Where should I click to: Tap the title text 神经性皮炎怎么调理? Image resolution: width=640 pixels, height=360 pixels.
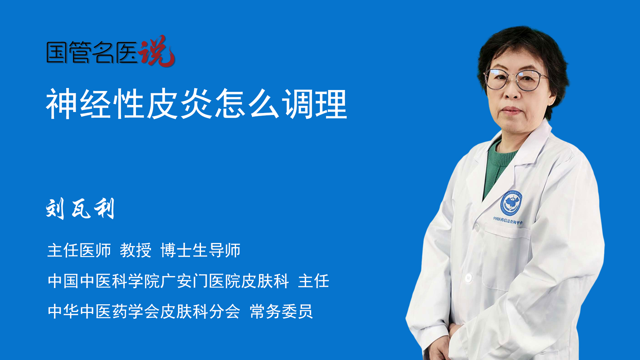tap(197, 104)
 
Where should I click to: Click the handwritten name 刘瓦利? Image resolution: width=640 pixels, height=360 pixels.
tap(80, 208)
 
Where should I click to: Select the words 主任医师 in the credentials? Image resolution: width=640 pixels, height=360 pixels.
tap(79, 250)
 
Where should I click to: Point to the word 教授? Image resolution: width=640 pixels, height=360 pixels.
tap(136, 250)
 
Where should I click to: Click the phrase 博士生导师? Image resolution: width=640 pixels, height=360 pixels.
tap(200, 250)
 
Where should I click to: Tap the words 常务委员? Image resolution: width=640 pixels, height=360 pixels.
tap(281, 311)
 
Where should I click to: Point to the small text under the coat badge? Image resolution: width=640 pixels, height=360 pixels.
tap(508, 220)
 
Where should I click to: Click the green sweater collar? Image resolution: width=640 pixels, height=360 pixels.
tap(500, 157)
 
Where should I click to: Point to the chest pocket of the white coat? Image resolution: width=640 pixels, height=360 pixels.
tap(507, 257)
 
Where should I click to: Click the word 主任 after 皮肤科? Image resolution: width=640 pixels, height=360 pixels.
tap(314, 281)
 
